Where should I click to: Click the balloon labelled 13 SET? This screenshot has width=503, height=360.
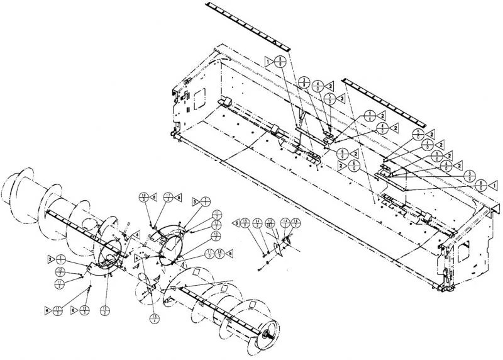[x=270, y=222]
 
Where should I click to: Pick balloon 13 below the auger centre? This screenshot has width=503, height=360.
[x=155, y=318]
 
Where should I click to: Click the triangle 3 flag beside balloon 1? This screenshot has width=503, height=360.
[x=50, y=259]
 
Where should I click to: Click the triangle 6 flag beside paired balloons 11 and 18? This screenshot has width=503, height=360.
[x=231, y=253]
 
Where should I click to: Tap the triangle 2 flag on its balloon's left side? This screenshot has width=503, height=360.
[x=340, y=166]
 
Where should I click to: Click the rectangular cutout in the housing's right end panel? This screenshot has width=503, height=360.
[x=466, y=252]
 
